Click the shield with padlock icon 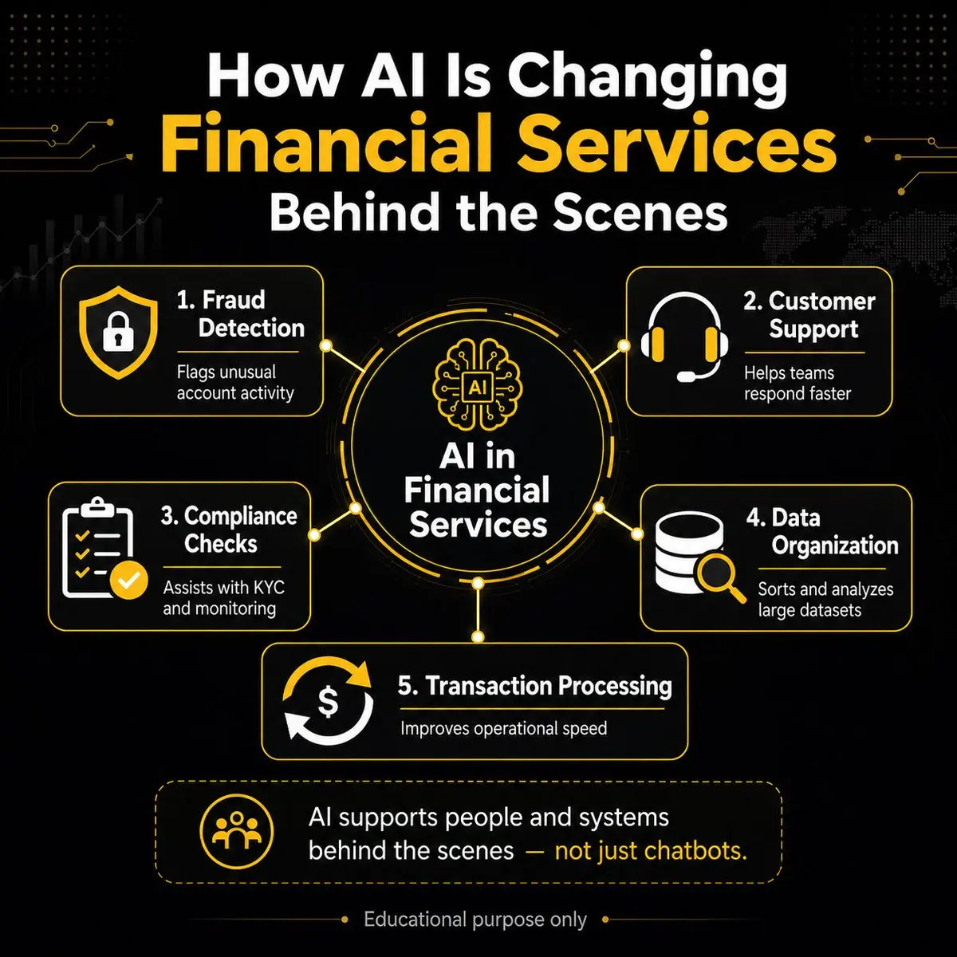(x=118, y=332)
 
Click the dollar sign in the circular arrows (x=328, y=702)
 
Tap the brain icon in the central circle (x=477, y=385)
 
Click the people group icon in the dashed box (x=236, y=831)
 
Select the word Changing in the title (x=647, y=80)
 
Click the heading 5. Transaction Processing (x=535, y=686)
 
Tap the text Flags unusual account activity (x=235, y=383)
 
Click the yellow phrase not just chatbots (x=651, y=851)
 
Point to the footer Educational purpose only (x=475, y=920)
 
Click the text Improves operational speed (x=503, y=729)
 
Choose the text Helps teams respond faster (x=797, y=384)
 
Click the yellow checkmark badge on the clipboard (x=128, y=580)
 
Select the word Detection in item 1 (x=251, y=328)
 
